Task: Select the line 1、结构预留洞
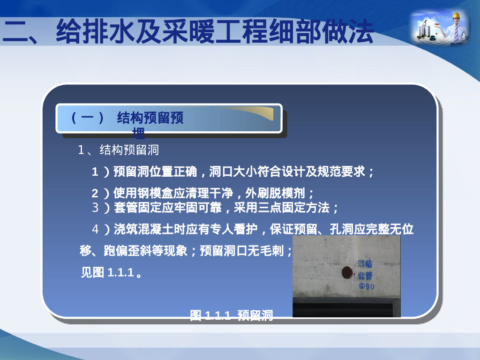point(118,150)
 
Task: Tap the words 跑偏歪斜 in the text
point(125,251)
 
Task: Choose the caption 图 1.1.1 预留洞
point(231,315)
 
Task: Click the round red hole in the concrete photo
point(346,272)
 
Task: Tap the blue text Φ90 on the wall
point(366,286)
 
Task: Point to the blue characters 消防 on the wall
point(366,264)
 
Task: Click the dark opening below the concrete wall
point(346,310)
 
